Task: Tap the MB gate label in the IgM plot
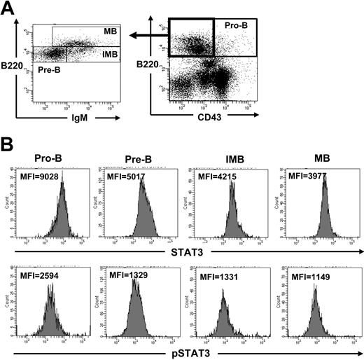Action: tap(110, 32)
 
